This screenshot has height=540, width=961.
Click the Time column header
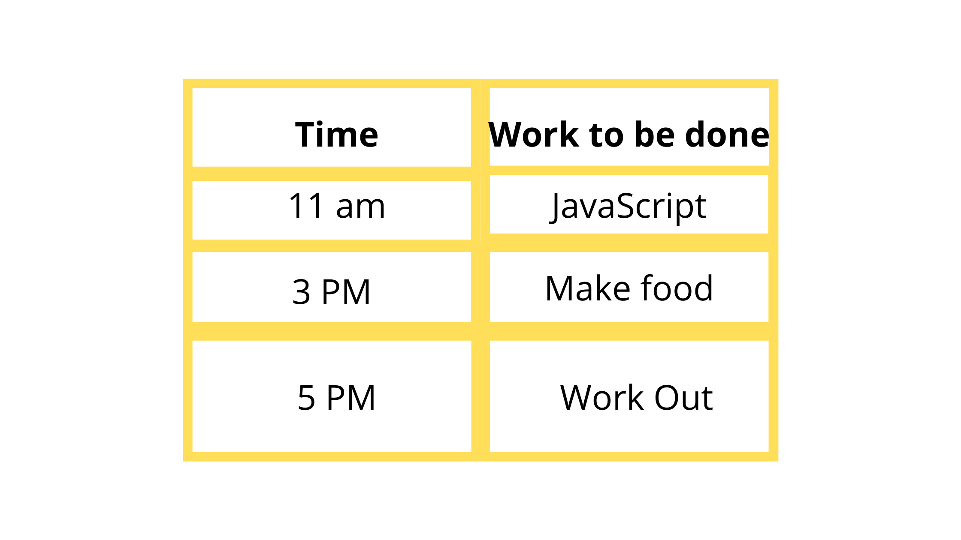(337, 135)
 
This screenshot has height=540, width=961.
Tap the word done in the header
(727, 135)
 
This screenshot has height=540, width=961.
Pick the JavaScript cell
(629, 206)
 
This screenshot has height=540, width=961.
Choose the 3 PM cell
(331, 292)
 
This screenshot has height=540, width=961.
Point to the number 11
(306, 206)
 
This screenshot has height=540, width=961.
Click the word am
(360, 207)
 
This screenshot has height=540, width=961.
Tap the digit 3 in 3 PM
(301, 292)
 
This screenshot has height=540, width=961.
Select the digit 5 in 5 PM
(306, 398)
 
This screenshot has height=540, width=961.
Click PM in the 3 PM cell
(346, 292)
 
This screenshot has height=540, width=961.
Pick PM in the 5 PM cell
(351, 398)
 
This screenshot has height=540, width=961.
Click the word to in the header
(606, 135)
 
